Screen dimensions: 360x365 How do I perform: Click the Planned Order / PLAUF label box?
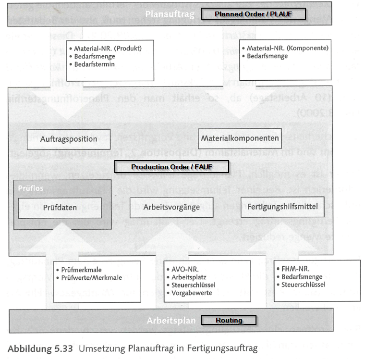pos(253,14)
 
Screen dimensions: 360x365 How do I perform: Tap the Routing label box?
pos(229,320)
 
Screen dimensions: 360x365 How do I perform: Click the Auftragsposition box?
pos(69,139)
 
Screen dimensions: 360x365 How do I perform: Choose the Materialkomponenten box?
pos(240,138)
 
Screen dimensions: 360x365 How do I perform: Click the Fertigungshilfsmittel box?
pos(282,207)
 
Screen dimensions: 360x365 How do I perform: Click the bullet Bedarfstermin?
pos(95,64)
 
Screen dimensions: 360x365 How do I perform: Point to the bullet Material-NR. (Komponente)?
pos(287,48)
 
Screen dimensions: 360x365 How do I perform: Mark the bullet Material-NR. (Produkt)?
pos(108,48)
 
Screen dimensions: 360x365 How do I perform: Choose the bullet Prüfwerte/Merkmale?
pos(92,277)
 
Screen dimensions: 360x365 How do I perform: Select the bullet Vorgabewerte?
pos(192,293)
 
